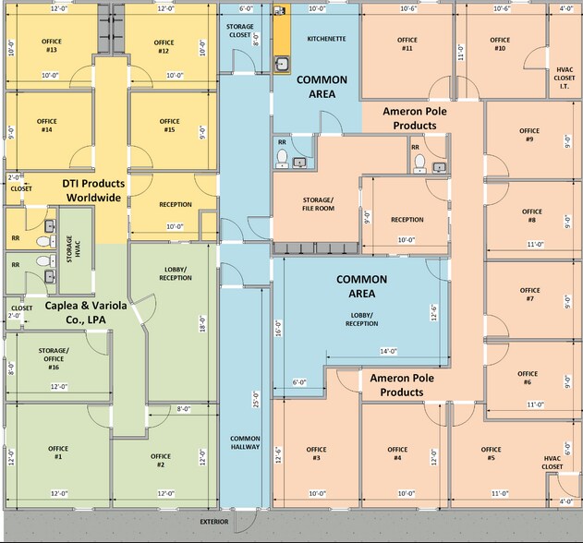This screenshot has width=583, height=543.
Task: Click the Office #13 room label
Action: point(52,45)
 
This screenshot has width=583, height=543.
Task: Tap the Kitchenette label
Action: point(326,39)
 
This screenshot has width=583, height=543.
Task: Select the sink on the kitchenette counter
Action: point(282,65)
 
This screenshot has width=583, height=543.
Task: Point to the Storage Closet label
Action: point(240,30)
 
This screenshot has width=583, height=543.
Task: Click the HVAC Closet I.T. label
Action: point(565,78)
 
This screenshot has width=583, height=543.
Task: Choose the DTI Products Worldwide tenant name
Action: point(93,190)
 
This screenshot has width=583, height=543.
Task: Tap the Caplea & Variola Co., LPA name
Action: point(86,312)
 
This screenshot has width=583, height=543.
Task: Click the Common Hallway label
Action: point(245,442)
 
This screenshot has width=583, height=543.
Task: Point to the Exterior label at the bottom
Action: point(214,522)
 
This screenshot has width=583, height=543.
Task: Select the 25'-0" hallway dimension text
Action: point(256,399)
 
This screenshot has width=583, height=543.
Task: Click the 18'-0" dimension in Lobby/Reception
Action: point(202,324)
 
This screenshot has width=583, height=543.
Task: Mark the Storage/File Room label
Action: point(318,204)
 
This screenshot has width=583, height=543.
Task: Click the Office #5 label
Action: point(491,453)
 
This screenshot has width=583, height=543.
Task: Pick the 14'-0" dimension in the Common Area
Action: point(389,351)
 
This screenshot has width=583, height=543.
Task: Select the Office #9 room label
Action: point(529,135)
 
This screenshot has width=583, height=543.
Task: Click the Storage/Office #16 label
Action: point(54,358)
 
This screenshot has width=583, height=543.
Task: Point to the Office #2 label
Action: point(161,460)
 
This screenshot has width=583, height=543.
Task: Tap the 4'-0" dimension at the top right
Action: point(566,8)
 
